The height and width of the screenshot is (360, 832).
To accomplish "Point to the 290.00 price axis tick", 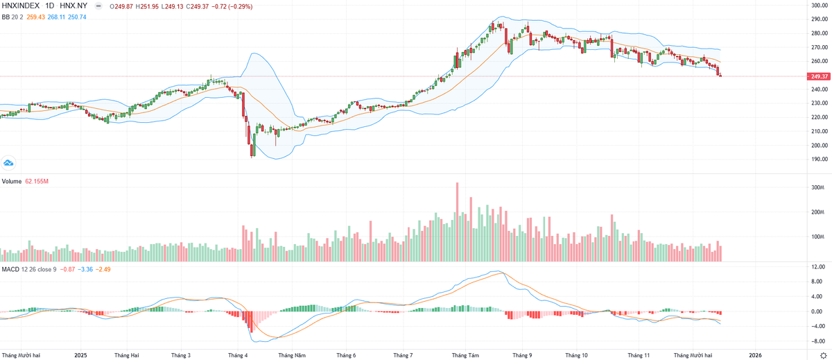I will (x=820, y=19).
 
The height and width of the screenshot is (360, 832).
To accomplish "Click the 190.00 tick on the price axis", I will (x=820, y=159).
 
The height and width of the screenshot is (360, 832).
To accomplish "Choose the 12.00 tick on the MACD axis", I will (x=817, y=267).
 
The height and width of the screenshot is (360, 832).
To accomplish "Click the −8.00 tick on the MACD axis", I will (x=817, y=341).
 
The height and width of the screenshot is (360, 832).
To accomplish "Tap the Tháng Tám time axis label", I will (x=465, y=355).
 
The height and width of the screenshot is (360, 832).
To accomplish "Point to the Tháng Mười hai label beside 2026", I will (x=693, y=355).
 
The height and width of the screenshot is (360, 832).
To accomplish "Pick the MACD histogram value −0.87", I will (x=67, y=269).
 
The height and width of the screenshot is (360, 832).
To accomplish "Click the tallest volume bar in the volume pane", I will (x=458, y=222).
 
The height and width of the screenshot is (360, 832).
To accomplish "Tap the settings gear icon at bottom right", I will (x=823, y=354).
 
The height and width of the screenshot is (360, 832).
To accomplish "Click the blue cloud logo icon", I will (x=8, y=163).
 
